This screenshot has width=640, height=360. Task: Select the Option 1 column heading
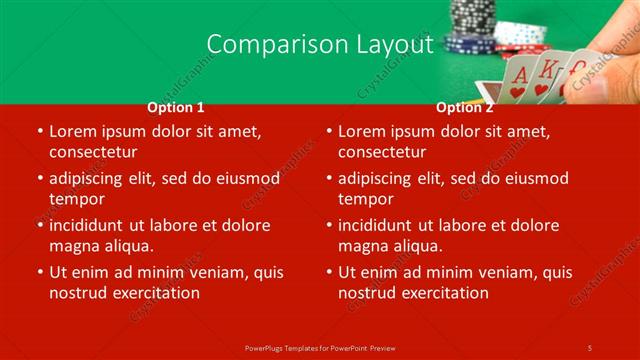(176, 107)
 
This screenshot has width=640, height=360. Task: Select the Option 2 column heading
(465, 107)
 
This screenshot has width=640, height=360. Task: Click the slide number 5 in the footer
(590, 347)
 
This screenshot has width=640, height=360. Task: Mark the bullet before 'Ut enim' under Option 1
(39, 272)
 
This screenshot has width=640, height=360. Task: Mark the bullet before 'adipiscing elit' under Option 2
(328, 179)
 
